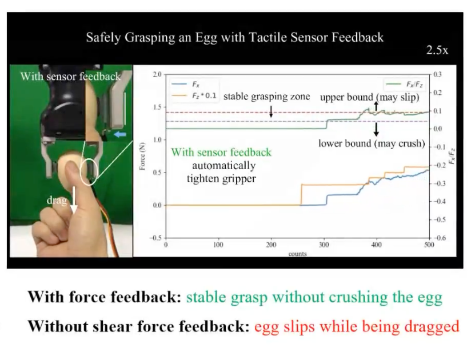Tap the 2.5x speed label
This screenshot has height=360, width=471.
[437, 50]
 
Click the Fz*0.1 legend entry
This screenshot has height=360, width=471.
[194, 96]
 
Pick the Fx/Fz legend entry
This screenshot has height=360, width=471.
[405, 85]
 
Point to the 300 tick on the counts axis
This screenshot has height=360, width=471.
[324, 245]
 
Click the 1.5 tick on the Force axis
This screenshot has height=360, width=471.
[157, 107]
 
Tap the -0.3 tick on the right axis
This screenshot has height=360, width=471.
[437, 183]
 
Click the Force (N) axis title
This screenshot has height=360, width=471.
[142, 156]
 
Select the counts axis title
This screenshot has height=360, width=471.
[297, 254]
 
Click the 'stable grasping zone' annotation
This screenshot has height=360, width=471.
[267, 97]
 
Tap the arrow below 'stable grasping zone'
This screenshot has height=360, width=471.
[271, 111]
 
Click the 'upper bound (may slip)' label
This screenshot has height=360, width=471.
[369, 97]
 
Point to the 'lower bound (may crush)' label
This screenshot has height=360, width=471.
[372, 143]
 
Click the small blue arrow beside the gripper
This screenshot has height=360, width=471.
[120, 135]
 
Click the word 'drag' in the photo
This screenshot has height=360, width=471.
[57, 200]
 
